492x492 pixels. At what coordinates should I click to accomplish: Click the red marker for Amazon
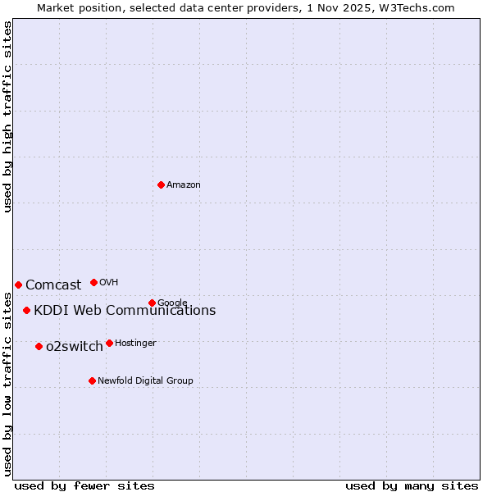click(161, 184)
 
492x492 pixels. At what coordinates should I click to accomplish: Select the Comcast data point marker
click(18, 285)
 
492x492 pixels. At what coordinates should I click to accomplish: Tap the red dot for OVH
click(93, 282)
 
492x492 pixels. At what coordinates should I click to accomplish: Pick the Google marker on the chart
click(152, 303)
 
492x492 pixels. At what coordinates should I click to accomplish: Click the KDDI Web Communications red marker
click(27, 310)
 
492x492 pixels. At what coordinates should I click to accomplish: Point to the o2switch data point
click(39, 346)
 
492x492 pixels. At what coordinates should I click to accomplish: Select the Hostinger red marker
click(109, 343)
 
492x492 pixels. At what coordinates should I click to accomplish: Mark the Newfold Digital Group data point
click(92, 380)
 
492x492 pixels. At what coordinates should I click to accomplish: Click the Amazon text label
click(184, 185)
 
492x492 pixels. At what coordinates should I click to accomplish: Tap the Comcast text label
click(53, 285)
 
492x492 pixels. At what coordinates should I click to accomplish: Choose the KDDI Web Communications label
click(125, 311)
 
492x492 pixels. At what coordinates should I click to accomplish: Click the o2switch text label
click(75, 347)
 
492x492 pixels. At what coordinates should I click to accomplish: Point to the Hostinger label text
click(135, 343)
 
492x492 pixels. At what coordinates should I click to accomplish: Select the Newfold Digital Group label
click(145, 380)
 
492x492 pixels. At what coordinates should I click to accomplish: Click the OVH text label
click(109, 283)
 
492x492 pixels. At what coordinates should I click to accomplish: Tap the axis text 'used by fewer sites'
click(84, 485)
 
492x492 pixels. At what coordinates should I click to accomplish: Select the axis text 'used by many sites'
click(412, 485)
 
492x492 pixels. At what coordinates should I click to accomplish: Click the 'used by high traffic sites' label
click(7, 116)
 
